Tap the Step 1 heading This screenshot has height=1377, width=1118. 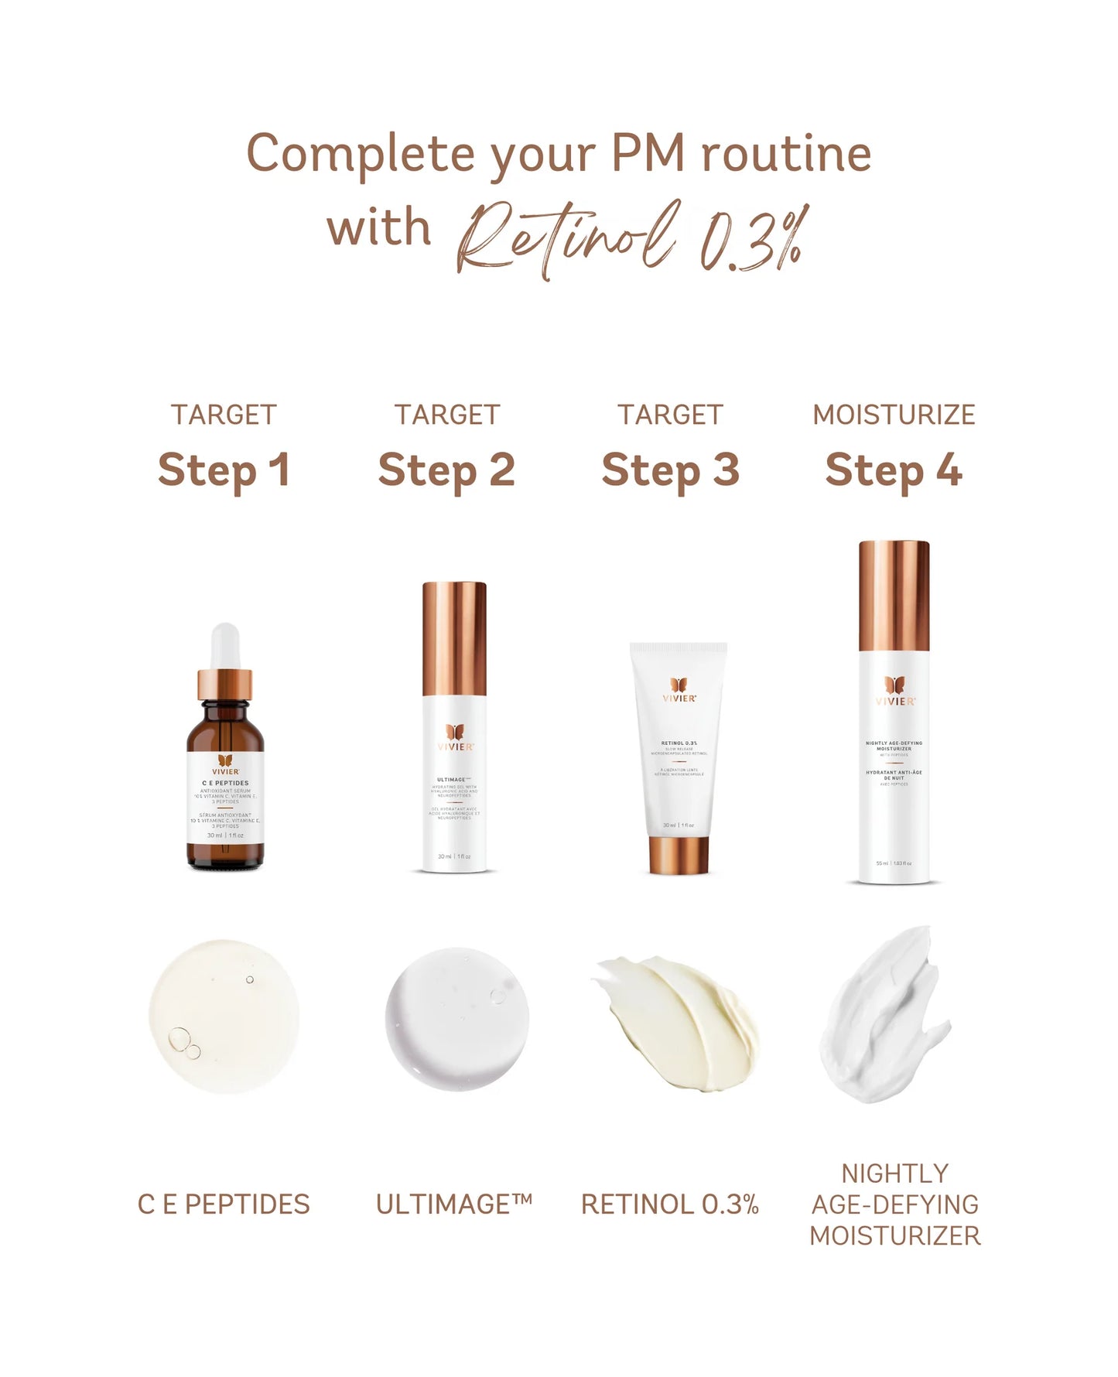(224, 470)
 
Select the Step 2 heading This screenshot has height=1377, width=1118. (446, 470)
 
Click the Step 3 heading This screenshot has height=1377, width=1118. (670, 470)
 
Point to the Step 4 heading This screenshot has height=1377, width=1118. (894, 470)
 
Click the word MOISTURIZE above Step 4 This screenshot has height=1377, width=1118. (894, 415)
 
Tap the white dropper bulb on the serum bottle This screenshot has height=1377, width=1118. (225, 646)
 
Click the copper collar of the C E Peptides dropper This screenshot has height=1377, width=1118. (225, 685)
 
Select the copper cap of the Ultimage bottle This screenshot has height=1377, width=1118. (455, 638)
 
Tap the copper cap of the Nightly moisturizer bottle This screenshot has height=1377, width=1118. (894, 596)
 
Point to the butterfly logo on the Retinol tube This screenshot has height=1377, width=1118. (679, 685)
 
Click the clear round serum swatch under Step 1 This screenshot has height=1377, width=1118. (224, 1016)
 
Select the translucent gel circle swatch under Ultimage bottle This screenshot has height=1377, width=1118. (457, 1020)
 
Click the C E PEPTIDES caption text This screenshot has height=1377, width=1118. (224, 1204)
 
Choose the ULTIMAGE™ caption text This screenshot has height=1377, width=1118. (454, 1204)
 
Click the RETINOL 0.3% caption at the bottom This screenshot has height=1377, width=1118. (670, 1204)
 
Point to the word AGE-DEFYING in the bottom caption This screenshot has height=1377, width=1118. (895, 1204)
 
